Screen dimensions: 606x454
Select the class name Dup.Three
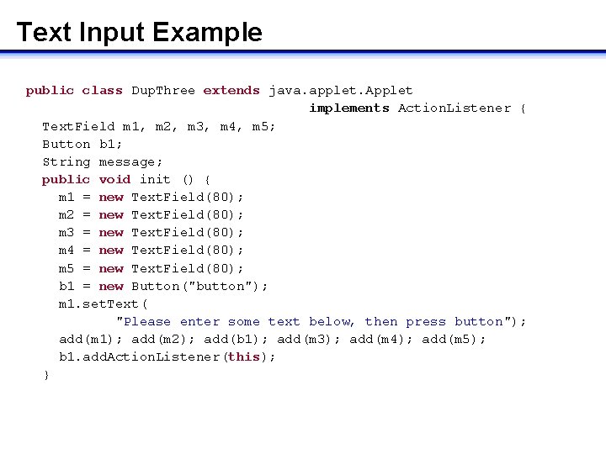163,90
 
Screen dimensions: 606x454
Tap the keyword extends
231,90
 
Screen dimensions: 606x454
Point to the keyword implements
349,108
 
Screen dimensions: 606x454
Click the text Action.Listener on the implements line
454,108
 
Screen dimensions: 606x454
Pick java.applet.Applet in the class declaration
341,90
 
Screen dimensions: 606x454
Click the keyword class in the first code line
102,90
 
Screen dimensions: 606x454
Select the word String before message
66,161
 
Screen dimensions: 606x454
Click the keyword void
114,179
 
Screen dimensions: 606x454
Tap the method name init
155,179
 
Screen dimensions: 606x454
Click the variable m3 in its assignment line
66,232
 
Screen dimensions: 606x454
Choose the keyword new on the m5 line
111,268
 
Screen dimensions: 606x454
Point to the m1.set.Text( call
104,304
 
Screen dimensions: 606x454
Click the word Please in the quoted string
144,321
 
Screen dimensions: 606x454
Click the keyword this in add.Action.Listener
244,356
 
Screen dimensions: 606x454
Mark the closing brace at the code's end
46,374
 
